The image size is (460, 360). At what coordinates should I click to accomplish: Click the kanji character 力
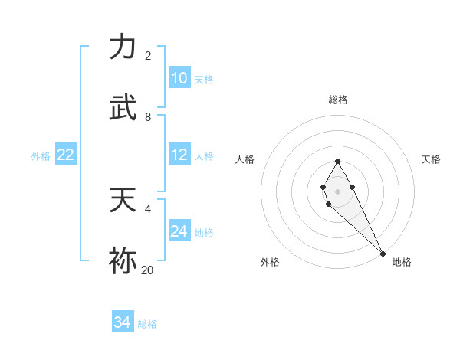coord(123,47)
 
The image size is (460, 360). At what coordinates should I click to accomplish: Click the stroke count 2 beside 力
coord(148,56)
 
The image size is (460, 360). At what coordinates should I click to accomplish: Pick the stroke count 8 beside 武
coord(148,117)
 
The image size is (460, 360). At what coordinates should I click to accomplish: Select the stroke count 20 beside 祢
coord(147,270)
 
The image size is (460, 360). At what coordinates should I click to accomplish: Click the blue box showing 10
coord(179,77)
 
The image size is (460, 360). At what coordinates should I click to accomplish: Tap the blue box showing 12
coord(179,154)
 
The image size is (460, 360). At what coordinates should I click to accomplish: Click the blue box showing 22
coord(66,155)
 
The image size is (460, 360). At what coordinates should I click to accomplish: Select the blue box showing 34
coord(123,322)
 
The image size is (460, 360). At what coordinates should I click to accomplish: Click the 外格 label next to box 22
coord(41,156)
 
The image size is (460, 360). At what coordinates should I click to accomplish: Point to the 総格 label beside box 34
coord(147,324)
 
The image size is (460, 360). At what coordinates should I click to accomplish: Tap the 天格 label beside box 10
coord(204,80)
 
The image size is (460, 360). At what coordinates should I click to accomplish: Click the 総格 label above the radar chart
coord(338,100)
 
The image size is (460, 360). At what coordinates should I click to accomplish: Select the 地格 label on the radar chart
coord(402,262)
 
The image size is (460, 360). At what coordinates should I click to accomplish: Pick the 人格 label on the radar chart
coord(245,159)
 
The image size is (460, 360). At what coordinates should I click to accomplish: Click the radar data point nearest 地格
coord(383,253)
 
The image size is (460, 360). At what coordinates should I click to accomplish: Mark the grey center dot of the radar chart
coord(337,190)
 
